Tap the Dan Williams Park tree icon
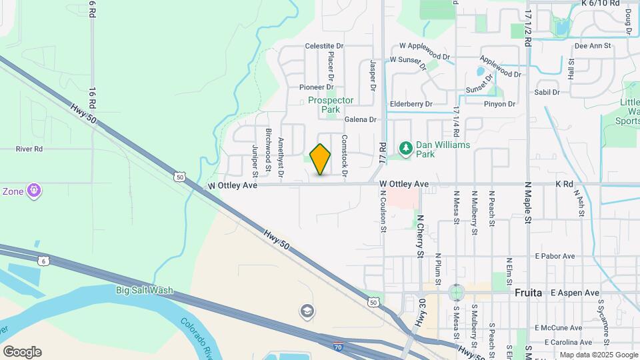coord(404,147)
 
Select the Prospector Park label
coord(331,105)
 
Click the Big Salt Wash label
coord(145,290)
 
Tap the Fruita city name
coord(529,292)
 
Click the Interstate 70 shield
coord(339,347)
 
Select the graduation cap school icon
coord(307,311)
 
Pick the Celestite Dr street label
coord(324,46)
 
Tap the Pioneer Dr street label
coord(316,87)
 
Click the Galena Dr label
coord(361,120)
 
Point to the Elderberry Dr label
coord(411,104)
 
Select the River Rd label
coord(29,149)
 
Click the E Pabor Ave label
coord(555,256)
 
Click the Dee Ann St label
coord(593,46)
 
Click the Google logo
coord(22,352)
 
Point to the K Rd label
coord(564,183)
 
